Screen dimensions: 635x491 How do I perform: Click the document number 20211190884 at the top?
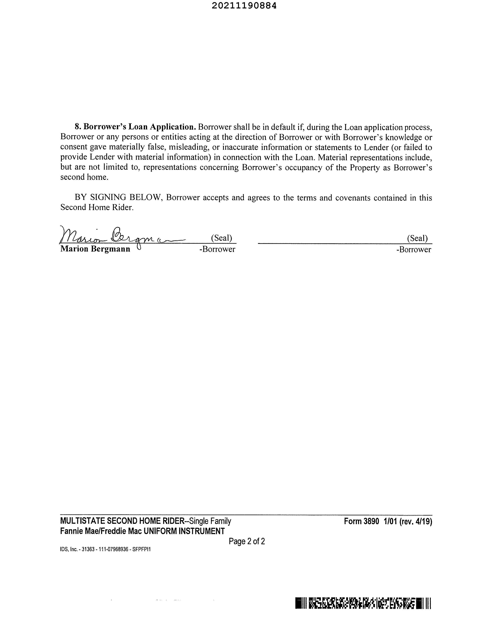coord(244,6)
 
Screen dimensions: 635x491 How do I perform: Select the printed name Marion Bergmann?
coord(95,249)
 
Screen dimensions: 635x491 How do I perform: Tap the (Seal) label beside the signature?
coord(221,238)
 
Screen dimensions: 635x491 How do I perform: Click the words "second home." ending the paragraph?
coord(84,177)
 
